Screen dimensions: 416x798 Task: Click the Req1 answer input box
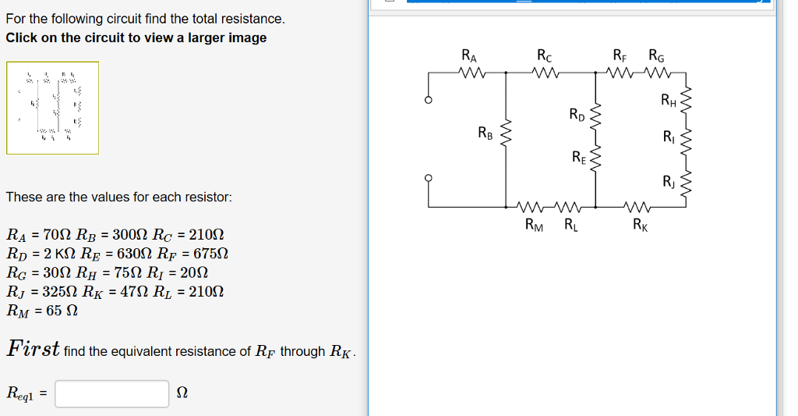click(x=111, y=394)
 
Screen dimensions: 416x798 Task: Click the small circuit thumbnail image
click(x=53, y=108)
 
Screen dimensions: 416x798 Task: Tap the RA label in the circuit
click(x=469, y=55)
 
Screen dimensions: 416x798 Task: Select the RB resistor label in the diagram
click(x=485, y=133)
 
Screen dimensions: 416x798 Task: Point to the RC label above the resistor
click(x=545, y=55)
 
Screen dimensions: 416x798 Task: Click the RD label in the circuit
click(x=577, y=116)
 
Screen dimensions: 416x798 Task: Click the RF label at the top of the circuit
click(x=620, y=55)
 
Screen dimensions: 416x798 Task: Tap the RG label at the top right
click(x=656, y=55)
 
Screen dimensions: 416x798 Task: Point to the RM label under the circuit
click(x=535, y=227)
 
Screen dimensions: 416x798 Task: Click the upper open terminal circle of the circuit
click(x=427, y=101)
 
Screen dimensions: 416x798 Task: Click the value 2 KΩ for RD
click(x=62, y=254)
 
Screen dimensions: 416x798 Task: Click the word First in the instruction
click(x=34, y=349)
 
